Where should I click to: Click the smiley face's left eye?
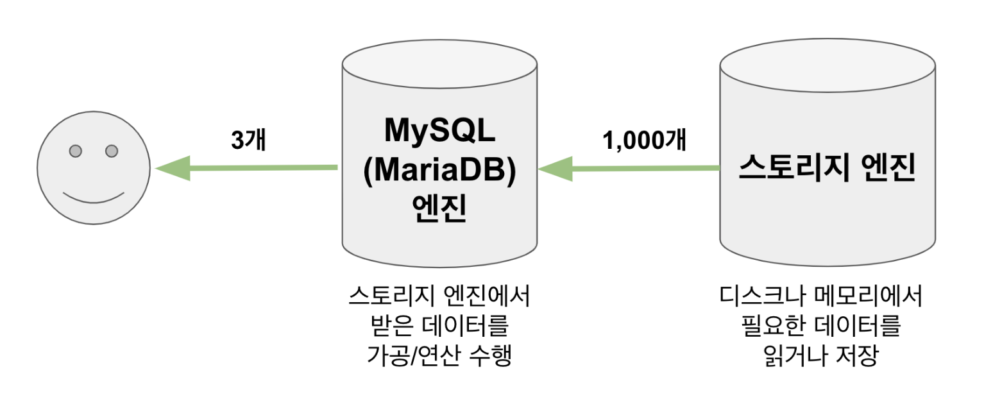click(x=76, y=151)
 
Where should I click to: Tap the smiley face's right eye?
click(x=112, y=151)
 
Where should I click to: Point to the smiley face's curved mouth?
click(x=94, y=195)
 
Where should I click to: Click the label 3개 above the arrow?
click(x=248, y=140)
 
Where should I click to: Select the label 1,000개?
click(x=645, y=140)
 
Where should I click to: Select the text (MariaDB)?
click(x=439, y=171)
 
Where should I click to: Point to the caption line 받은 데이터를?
click(x=439, y=327)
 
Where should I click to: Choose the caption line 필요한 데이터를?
click(x=820, y=327)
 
